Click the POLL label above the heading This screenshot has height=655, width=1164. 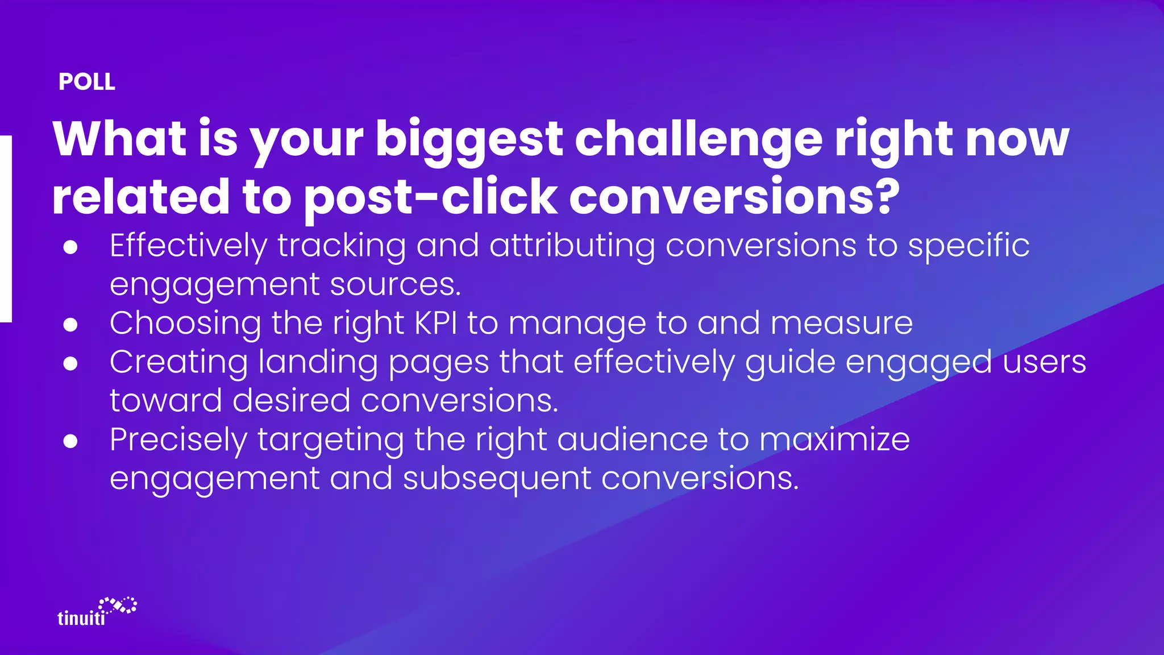coord(87,82)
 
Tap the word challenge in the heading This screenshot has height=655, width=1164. coord(699,139)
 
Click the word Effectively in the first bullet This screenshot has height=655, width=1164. coord(188,246)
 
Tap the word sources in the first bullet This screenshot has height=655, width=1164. coord(394,284)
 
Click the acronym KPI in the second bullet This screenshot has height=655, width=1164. coord(436,323)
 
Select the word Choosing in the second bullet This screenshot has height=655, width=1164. coord(185,323)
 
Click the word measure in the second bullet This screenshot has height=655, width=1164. coord(841,323)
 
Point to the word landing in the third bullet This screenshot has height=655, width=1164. coord(318,362)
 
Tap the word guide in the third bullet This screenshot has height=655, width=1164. coord(790,362)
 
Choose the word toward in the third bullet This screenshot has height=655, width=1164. coord(165,400)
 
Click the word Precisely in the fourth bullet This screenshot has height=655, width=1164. coord(178,440)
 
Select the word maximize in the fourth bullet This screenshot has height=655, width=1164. coord(834,440)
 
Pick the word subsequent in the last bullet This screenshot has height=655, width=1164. coord(497,478)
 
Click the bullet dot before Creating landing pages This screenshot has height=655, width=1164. coord(70,363)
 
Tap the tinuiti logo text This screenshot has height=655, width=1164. coord(81,618)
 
